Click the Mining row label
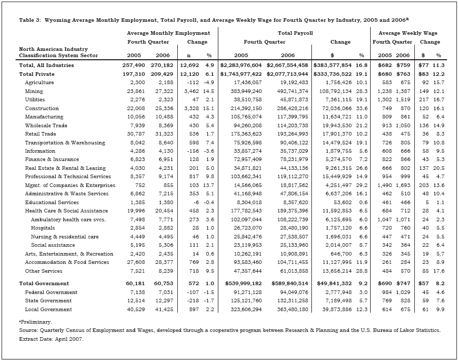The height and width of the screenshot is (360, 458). [34, 91]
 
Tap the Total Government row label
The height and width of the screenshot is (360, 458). [44, 284]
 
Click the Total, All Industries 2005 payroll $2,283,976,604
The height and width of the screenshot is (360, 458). [242, 65]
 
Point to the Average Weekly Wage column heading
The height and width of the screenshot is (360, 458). [407, 33]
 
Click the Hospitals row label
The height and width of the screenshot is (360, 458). [43, 228]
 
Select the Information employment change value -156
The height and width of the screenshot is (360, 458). [186, 151]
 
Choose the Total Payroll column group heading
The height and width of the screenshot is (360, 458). [295, 33]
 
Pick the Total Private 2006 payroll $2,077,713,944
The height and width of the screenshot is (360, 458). [288, 74]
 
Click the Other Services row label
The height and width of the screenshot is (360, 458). [43, 271]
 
